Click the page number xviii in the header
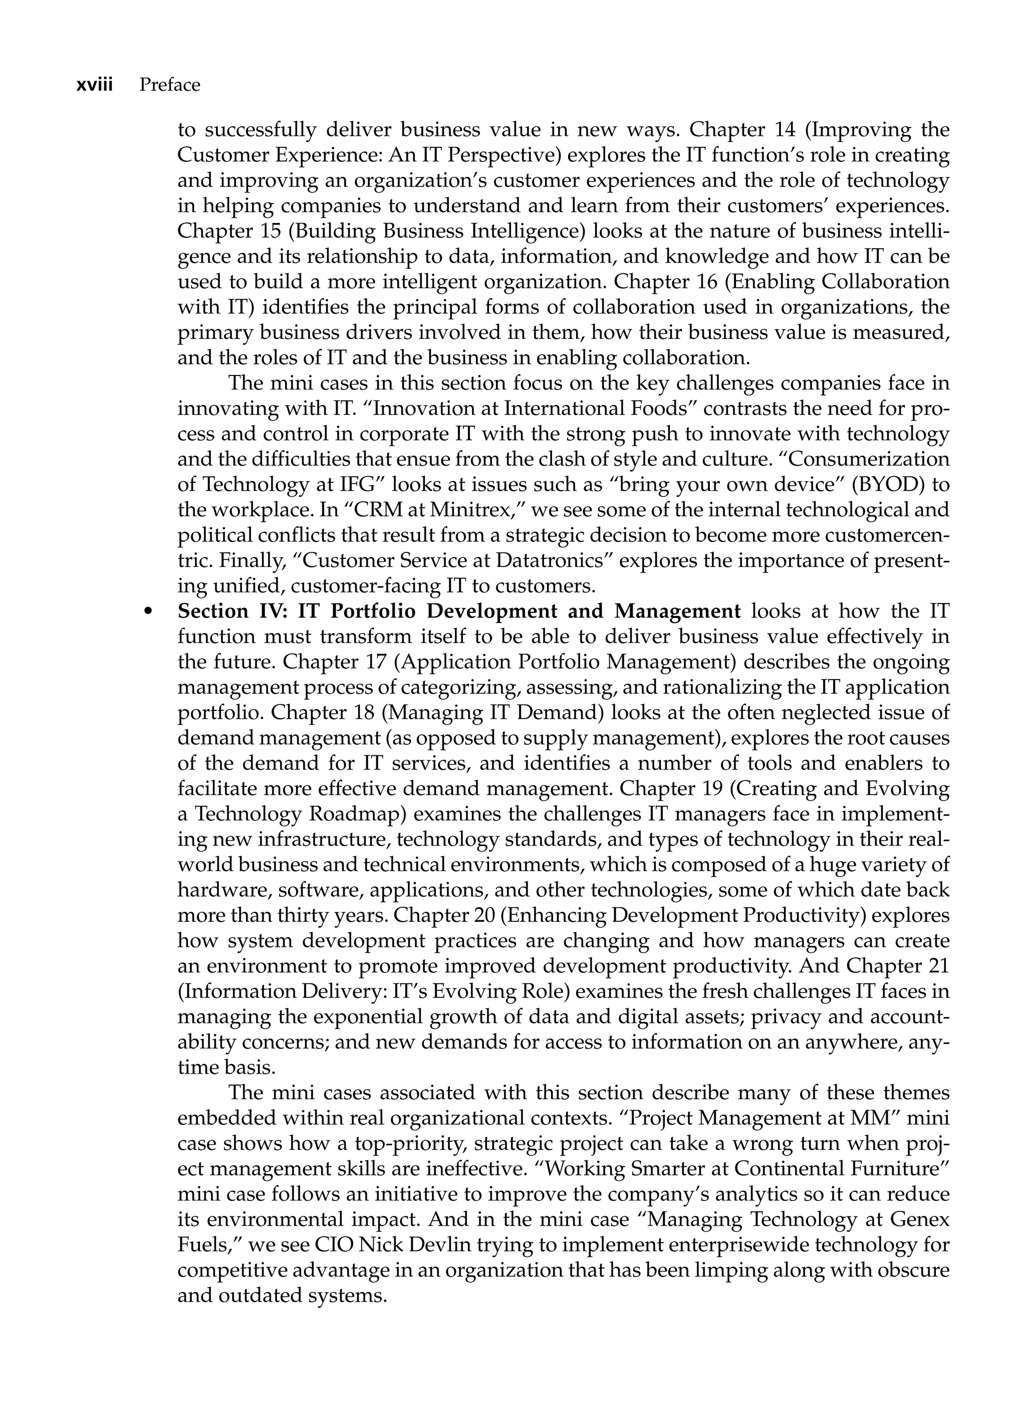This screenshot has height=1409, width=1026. (94, 85)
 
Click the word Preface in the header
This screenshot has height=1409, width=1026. (169, 85)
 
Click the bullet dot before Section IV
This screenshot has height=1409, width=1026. (148, 613)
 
